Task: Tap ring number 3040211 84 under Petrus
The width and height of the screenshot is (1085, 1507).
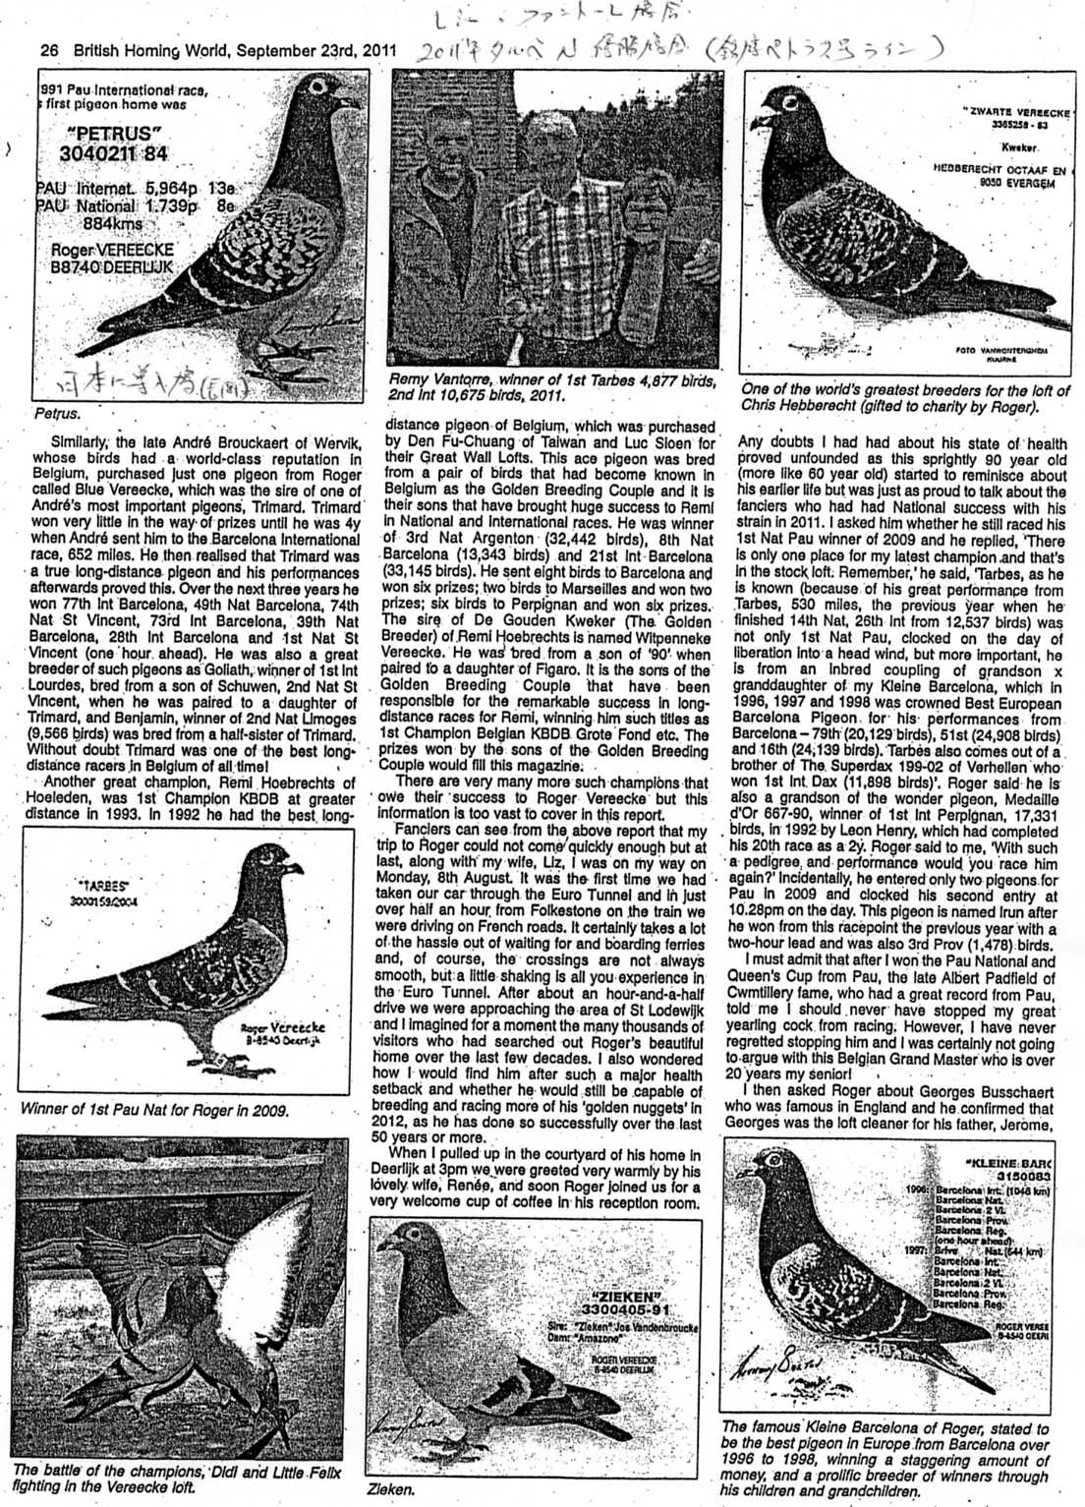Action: point(113,153)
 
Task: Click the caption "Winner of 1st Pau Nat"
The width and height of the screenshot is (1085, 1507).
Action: point(154,1111)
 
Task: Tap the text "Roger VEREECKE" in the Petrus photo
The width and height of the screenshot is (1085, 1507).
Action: point(112,251)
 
